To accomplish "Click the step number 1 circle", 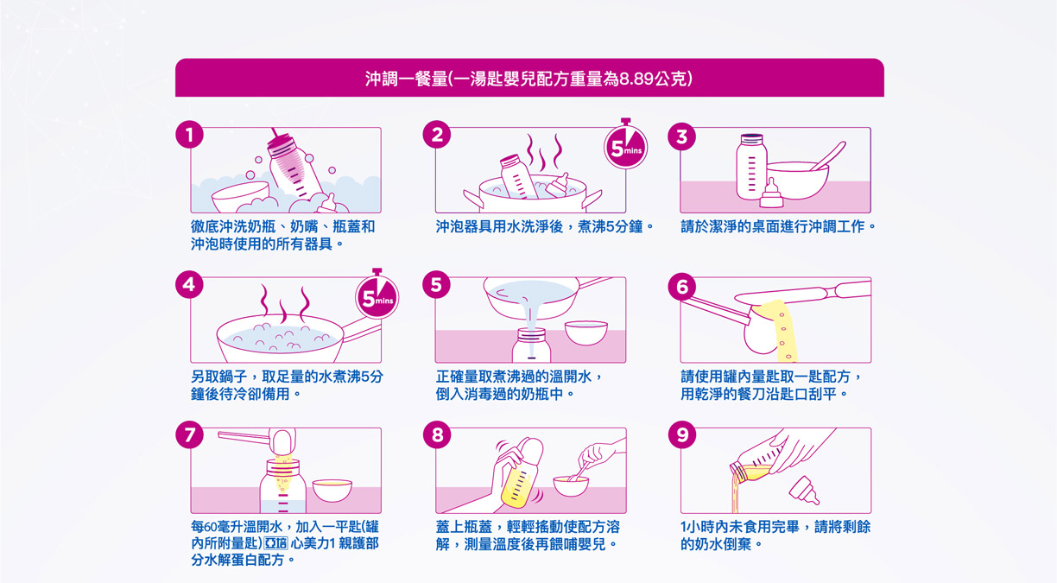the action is pos(189,135).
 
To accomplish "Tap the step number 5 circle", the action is pos(436,285).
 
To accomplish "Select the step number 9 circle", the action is pos(682,434).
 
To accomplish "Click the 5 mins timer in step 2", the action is pos(626,147).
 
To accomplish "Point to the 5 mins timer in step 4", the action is pos(377,296).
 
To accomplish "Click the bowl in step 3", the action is pos(797,180).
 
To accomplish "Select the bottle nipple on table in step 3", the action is pos(771,194).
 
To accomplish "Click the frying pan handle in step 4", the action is pos(361,329).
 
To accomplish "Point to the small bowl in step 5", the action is pos(586,333).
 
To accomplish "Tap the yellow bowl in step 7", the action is pos(332,490).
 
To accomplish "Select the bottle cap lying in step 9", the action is pos(804,491).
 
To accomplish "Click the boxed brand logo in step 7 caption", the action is pos(275,543).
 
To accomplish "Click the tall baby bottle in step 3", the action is pos(751,167).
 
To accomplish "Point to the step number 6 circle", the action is pos(682,285).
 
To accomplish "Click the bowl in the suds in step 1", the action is pos(241,197).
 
